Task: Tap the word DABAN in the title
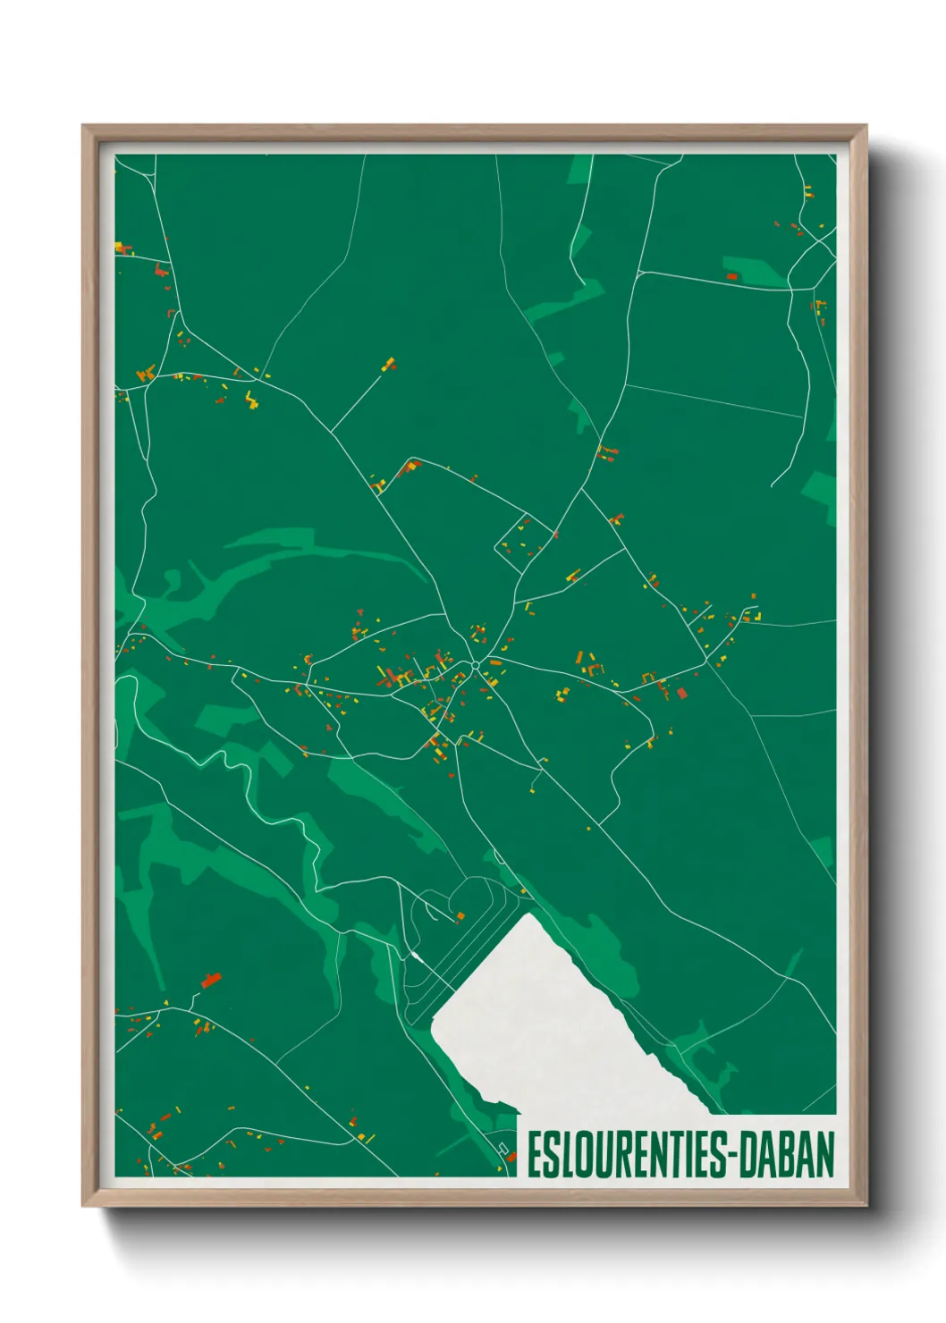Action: tap(792, 1156)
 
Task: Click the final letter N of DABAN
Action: tap(825, 1156)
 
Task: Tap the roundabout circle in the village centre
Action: tap(474, 665)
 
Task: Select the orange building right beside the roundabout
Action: tap(494, 663)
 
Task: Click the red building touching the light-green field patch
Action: tap(731, 277)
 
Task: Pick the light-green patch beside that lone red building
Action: tap(756, 273)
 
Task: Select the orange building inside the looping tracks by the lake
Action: tap(460, 916)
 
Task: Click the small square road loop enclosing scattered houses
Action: tap(526, 536)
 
